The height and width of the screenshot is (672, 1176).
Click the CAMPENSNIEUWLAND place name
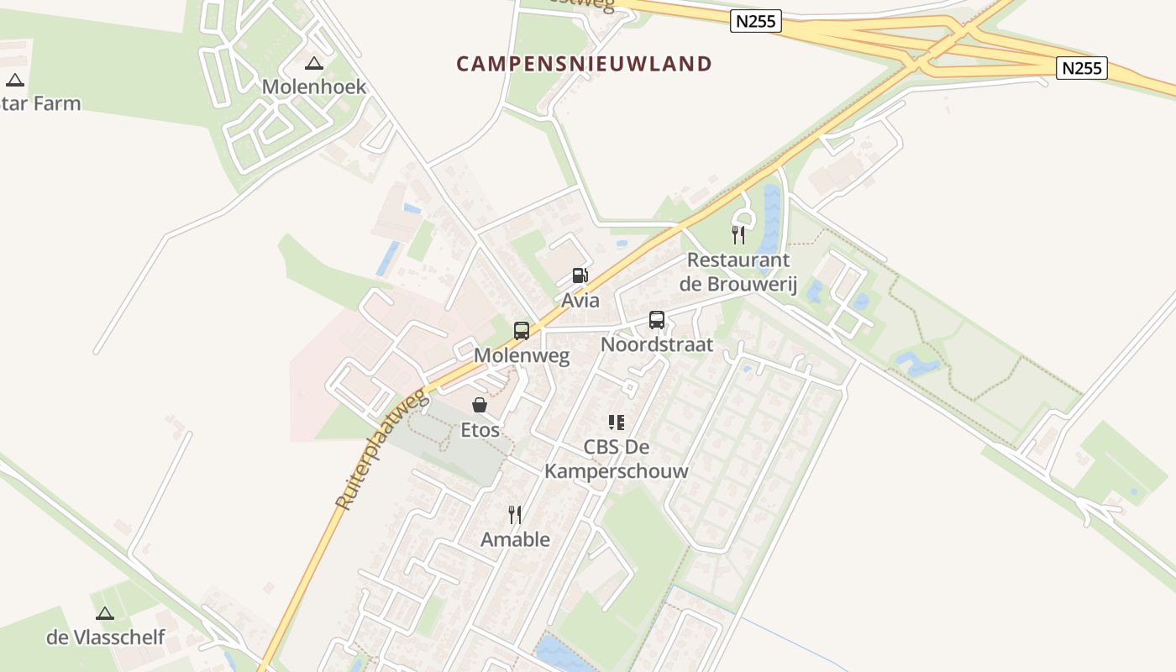584,63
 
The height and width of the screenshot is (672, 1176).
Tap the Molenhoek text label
314,87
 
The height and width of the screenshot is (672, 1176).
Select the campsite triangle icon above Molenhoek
314,63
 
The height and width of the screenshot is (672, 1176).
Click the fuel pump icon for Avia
580,276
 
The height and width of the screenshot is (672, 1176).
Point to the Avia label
580,300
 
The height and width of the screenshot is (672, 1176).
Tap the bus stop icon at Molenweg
522,330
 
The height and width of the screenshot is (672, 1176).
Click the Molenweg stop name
522,355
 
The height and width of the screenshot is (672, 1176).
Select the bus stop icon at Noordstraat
657,320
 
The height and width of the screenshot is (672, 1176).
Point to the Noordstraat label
657,344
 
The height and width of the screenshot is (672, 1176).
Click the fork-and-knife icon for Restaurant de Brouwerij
738,234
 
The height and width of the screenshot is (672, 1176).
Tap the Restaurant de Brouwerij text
738,271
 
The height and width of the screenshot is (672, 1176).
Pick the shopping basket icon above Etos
480,406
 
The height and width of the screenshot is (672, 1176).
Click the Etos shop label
480,430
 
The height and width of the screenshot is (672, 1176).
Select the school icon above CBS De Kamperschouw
617,423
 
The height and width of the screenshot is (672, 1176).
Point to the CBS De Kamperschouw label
617,459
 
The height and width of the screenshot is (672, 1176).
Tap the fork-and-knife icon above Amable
515,515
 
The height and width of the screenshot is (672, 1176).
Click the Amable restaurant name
515,539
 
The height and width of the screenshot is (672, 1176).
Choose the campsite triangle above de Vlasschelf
105,614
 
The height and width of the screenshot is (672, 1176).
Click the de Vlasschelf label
106,638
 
